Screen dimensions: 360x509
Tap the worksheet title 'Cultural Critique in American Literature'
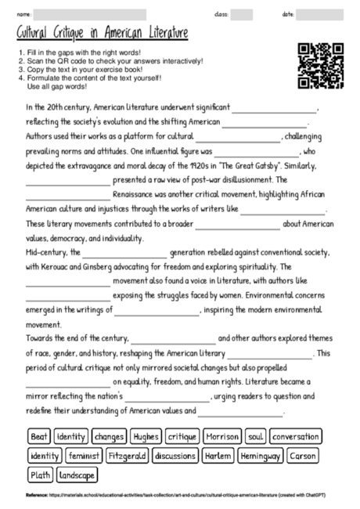[102, 34]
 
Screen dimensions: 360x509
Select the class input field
[241, 14]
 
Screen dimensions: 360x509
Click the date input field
[319, 14]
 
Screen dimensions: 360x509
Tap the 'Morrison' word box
[221, 435]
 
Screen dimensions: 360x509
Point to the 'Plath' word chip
[40, 475]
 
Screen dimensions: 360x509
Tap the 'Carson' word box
[303, 455]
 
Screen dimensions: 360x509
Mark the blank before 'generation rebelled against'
[124, 253]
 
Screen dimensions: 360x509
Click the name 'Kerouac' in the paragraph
[63, 267]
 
